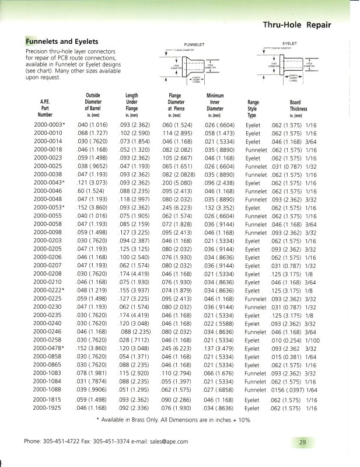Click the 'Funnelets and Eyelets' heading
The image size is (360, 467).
pos(61,42)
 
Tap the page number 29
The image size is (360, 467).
pos(303,442)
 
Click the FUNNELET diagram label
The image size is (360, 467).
pos(193,44)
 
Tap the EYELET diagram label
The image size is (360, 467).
pos(290,43)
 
